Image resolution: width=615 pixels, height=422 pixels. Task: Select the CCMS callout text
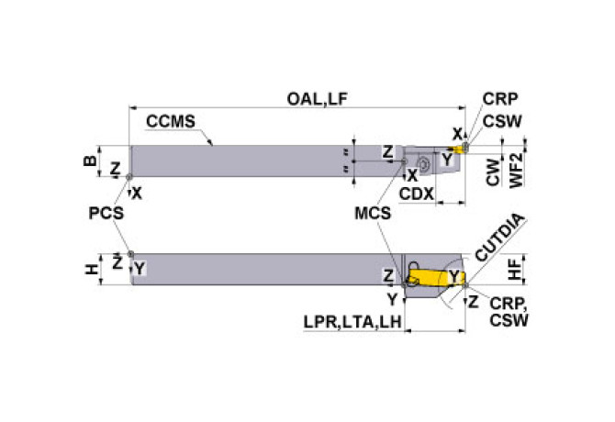(170, 120)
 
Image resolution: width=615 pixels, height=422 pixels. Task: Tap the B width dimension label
(89, 160)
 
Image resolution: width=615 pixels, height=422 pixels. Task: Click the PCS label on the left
(105, 213)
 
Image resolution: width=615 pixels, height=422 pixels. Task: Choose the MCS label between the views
(373, 213)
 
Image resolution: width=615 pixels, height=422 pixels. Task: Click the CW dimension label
(494, 176)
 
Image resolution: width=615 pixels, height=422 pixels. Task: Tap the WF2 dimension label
(515, 171)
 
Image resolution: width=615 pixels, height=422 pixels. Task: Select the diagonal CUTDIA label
(500, 241)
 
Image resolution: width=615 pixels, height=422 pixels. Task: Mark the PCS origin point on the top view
(130, 177)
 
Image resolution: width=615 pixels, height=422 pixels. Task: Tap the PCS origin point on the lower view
(130, 254)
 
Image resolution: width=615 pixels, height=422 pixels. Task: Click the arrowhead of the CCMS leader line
(213, 144)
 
